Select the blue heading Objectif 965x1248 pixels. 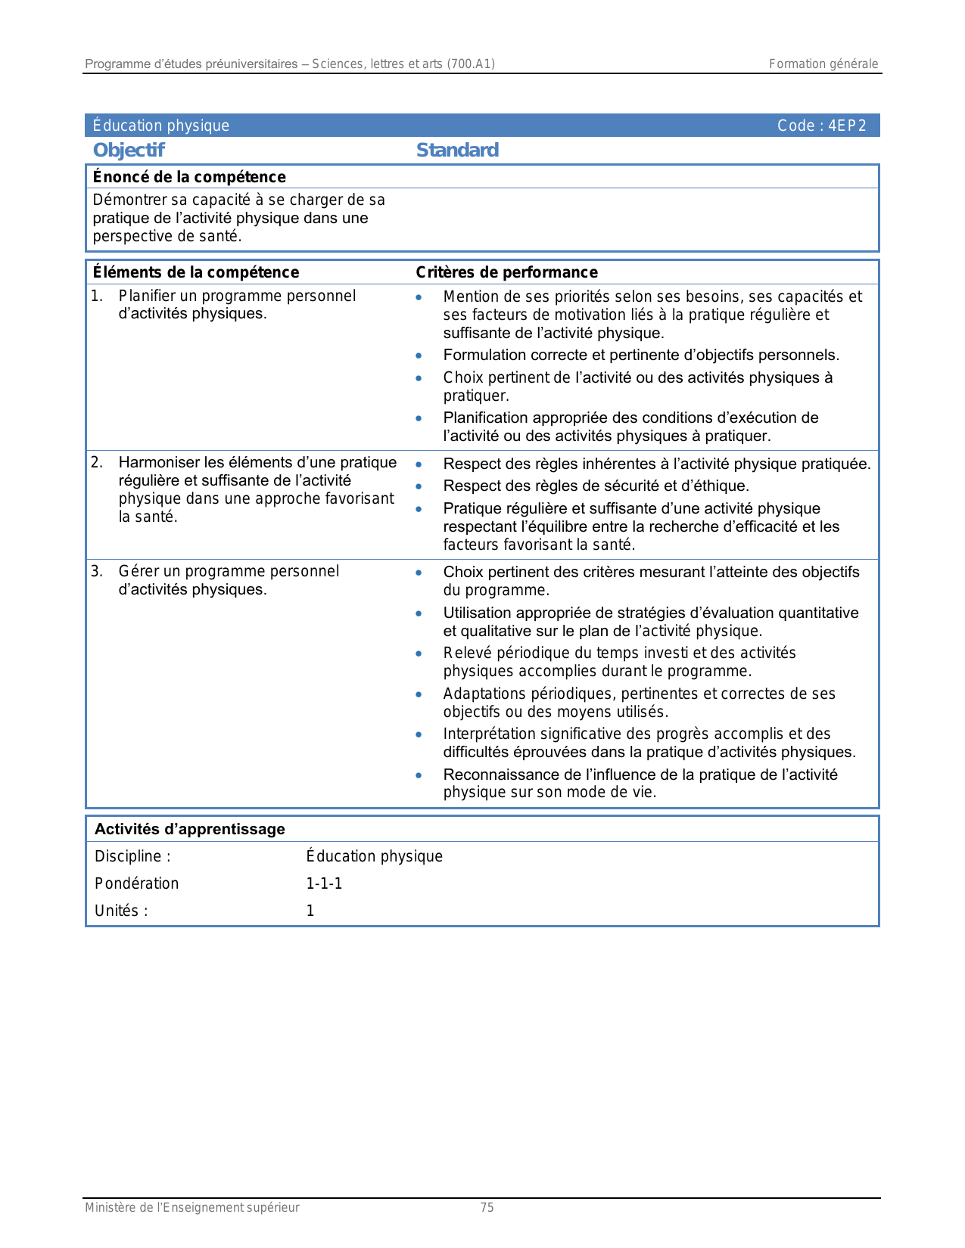(x=129, y=151)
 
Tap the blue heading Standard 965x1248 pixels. (x=457, y=151)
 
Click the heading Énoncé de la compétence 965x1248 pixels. (x=189, y=177)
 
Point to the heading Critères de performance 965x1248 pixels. (x=506, y=272)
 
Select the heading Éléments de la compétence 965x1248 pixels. (x=196, y=272)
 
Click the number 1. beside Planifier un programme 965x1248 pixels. (x=96, y=296)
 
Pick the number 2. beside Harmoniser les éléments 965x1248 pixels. (x=96, y=462)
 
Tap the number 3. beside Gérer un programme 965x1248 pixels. (x=96, y=571)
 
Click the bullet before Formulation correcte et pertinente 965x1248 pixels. (x=419, y=355)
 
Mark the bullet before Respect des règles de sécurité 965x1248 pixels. (x=419, y=486)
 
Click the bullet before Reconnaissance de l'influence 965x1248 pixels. (x=419, y=775)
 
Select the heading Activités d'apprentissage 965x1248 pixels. (x=190, y=829)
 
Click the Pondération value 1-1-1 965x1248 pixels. (x=324, y=883)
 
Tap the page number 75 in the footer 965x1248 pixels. (x=487, y=1208)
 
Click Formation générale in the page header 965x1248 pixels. (x=823, y=64)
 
